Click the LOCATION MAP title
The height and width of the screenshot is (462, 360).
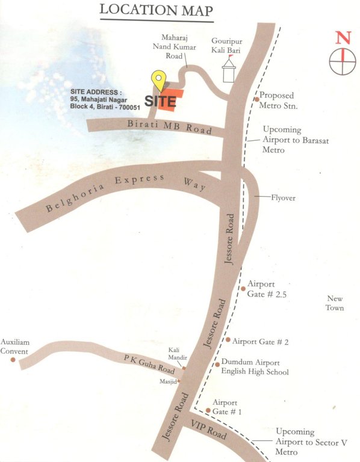pos(157,10)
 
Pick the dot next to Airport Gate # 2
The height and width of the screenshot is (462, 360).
pos(228,340)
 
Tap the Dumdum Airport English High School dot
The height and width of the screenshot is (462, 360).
pos(217,364)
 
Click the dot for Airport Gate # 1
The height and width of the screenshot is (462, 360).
pos(208,411)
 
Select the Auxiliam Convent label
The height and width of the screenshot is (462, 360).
pos(14,346)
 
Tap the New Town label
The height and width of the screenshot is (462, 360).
pos(335,303)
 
